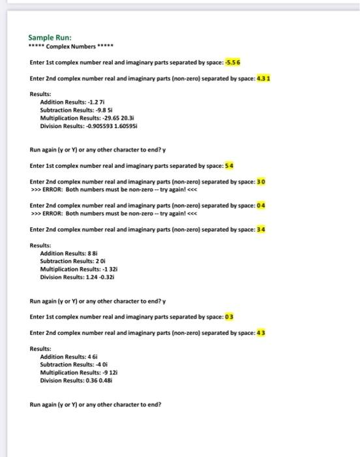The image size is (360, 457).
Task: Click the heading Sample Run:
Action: point(51,38)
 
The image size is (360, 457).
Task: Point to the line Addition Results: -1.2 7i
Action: point(69,102)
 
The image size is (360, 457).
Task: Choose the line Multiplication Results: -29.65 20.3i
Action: point(83,118)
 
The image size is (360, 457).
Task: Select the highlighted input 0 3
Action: point(230,317)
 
